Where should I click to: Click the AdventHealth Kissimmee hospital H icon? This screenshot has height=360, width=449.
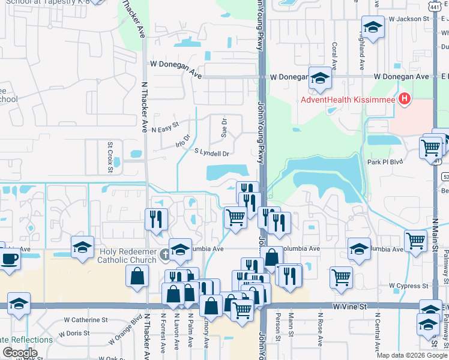(405, 98)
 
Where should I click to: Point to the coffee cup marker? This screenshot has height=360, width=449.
(10, 259)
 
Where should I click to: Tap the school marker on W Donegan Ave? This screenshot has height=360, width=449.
(320, 78)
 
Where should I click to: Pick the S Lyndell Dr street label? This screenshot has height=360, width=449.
(211, 154)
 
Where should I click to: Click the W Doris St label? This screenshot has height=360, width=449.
(70, 332)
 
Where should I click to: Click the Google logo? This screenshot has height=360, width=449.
(20, 353)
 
